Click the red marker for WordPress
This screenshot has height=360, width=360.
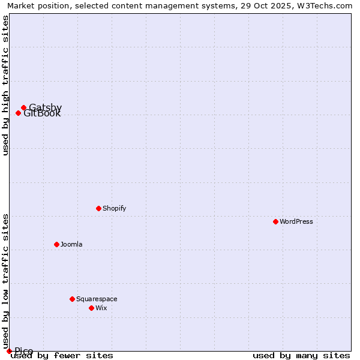tap(275, 221)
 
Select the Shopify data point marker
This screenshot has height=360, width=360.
tap(98, 208)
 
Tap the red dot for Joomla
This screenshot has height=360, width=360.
tap(56, 244)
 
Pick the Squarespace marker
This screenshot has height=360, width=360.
tap(72, 299)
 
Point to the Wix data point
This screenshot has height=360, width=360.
tap(91, 308)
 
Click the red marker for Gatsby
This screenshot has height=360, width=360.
tap(23, 108)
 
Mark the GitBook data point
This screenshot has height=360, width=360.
tap(18, 113)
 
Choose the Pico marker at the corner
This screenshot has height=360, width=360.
tap(9, 351)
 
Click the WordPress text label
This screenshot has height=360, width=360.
tap(296, 222)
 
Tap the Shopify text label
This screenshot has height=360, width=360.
tap(115, 209)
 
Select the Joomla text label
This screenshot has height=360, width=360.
tap(71, 245)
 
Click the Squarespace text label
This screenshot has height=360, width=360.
tap(97, 299)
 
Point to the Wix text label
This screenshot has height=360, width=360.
tap(101, 308)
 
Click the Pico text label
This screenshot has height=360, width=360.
tap(24, 351)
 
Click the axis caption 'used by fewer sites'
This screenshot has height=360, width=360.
tap(62, 356)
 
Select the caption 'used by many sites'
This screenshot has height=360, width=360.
tap(301, 356)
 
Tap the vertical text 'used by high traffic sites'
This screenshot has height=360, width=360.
tap(5, 85)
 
